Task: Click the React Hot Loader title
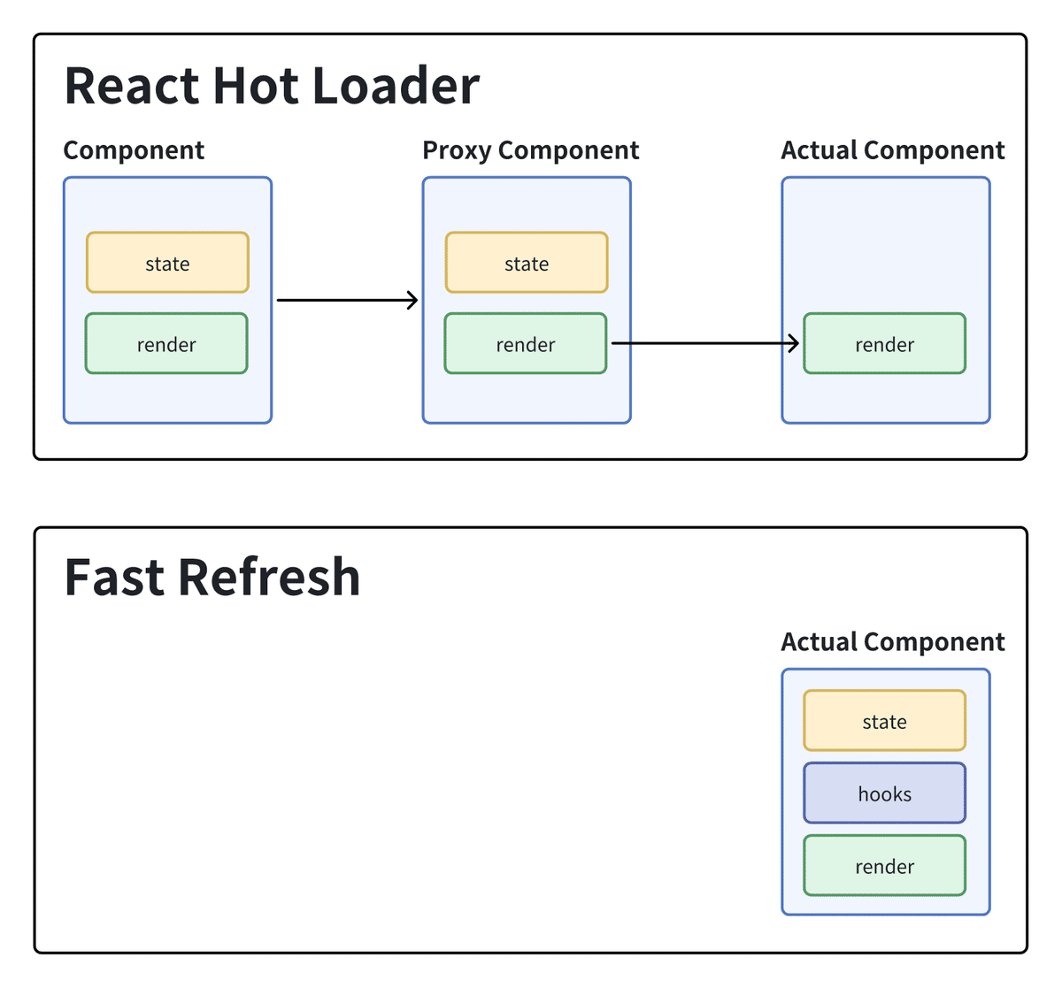(272, 86)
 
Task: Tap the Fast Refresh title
(212, 578)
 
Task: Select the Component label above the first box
(134, 150)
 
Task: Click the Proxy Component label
(530, 150)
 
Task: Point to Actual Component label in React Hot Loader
(892, 150)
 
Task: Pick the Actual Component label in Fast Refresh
(892, 642)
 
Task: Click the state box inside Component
(167, 263)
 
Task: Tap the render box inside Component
(166, 343)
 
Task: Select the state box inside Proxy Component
(527, 263)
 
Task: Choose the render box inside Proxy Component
(526, 343)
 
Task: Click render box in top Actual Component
(884, 343)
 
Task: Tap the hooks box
(884, 793)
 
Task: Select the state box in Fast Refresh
(884, 721)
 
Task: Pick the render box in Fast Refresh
(884, 866)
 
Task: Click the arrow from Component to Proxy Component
(345, 300)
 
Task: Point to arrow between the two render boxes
(704, 343)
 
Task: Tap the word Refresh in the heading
(269, 578)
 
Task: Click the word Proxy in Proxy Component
(457, 150)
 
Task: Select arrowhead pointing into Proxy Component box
(412, 300)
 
